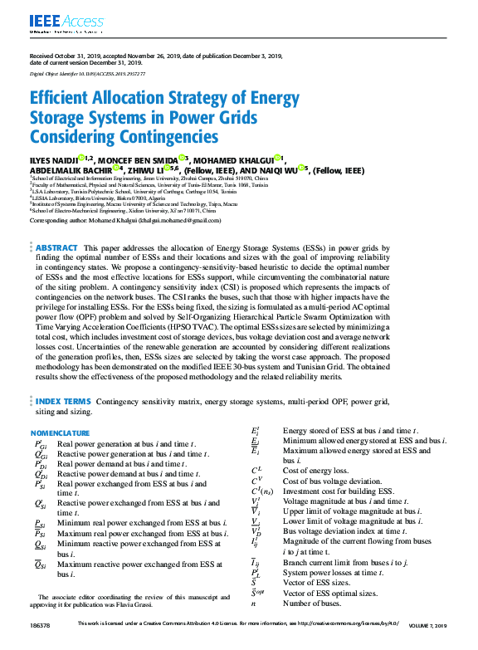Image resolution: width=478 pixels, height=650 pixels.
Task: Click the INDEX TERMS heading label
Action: point(62,401)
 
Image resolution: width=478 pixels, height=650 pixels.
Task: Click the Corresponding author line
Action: point(125,221)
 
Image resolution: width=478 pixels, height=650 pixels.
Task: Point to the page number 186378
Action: point(40,645)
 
